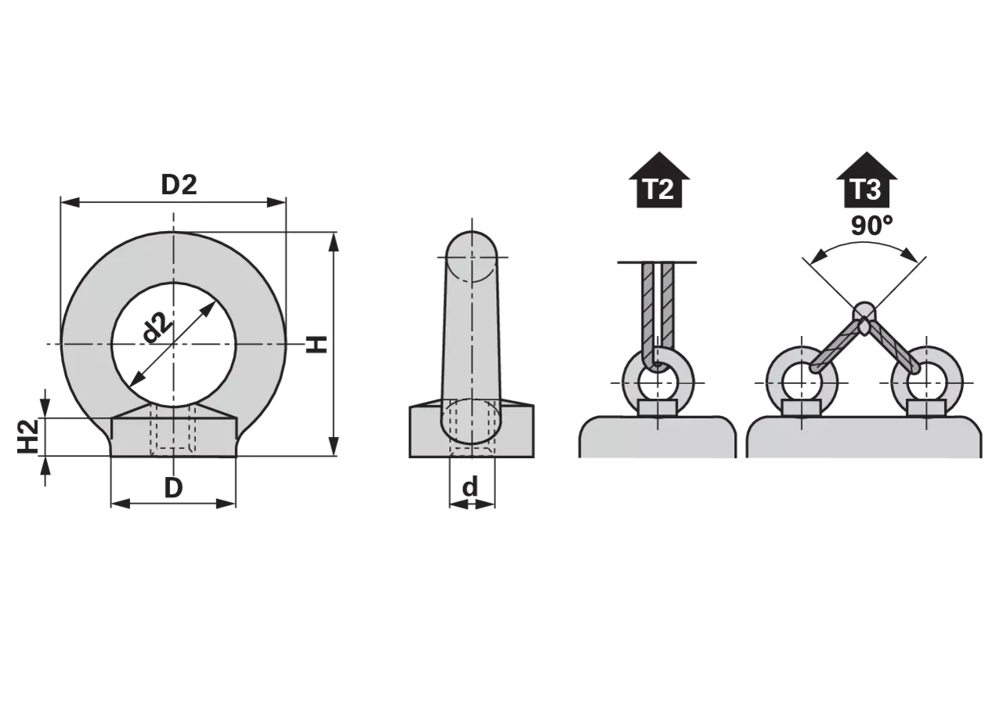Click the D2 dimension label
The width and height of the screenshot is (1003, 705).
179,185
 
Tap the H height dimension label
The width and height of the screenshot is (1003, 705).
317,344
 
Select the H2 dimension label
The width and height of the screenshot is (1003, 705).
27,436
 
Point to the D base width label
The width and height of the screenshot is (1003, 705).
174,488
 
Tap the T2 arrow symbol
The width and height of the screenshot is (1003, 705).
659,180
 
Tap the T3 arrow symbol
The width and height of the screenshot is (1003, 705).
867,180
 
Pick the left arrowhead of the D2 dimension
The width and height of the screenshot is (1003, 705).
70,202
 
